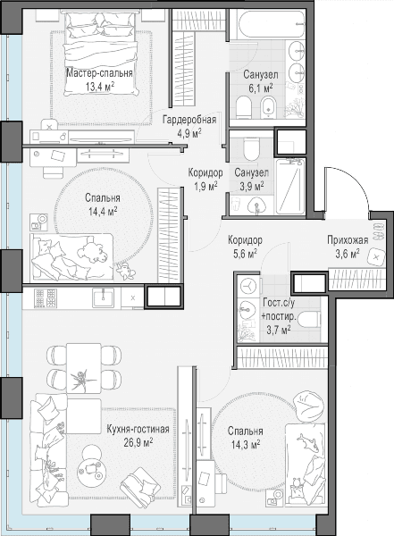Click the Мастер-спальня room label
pyautogui.click(x=99, y=73)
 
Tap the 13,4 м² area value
pyautogui.click(x=99, y=87)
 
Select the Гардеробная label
pyautogui.click(x=189, y=120)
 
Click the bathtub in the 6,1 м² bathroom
pyautogui.click(x=270, y=24)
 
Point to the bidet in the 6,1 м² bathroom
pyautogui.click(x=269, y=107)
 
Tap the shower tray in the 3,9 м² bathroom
pyautogui.click(x=290, y=187)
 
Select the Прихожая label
pyautogui.click(x=348, y=240)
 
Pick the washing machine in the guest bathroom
pyautogui.click(x=248, y=286)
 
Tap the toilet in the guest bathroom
pyautogui.click(x=309, y=320)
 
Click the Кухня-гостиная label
pyautogui.click(x=138, y=430)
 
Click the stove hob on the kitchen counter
pyautogui.click(x=46, y=297)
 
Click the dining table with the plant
pyautogui.click(x=84, y=369)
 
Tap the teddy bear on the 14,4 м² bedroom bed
pyautogui.click(x=90, y=252)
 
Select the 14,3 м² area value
pyautogui.click(x=246, y=445)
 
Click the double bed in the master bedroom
pyautogui.click(x=100, y=54)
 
